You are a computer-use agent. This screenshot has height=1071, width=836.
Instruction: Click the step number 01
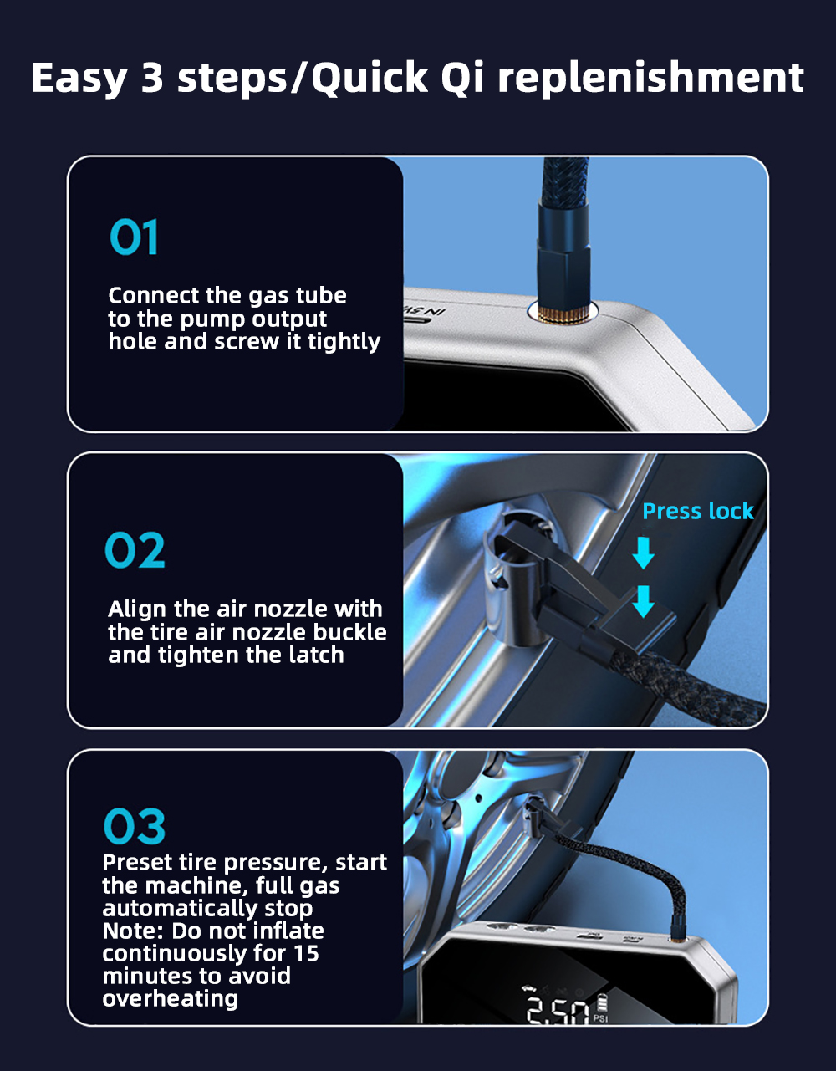(x=134, y=237)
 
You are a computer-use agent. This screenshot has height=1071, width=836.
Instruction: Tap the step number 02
(x=135, y=549)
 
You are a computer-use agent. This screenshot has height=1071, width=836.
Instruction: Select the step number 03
(x=134, y=825)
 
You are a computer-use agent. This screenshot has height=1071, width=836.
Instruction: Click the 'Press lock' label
(x=698, y=511)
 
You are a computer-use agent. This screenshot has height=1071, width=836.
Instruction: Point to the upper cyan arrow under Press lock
(x=643, y=553)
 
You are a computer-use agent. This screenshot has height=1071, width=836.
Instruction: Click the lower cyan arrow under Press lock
(x=643, y=601)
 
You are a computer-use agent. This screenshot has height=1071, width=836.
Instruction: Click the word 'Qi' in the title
(x=463, y=78)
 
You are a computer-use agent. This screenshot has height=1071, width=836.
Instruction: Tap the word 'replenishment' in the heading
(x=650, y=77)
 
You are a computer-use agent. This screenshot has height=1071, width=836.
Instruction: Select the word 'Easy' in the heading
(x=79, y=79)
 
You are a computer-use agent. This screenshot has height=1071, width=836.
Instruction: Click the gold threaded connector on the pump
(x=562, y=314)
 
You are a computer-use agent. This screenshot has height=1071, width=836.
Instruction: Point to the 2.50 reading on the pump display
(x=558, y=1010)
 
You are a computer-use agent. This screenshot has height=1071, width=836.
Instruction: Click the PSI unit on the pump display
(x=600, y=1018)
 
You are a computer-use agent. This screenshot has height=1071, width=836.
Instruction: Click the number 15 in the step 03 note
(x=307, y=953)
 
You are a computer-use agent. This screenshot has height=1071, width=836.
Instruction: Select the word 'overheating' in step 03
(x=170, y=998)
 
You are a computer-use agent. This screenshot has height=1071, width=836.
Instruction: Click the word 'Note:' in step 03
(x=133, y=931)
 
